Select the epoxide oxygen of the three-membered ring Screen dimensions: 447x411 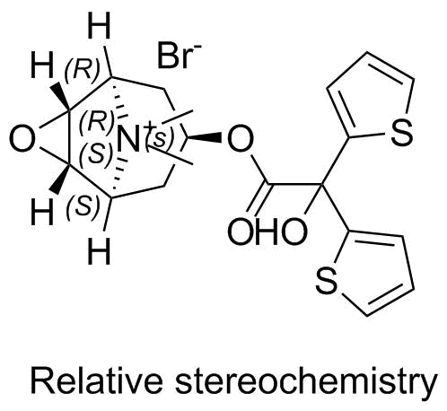click(x=22, y=139)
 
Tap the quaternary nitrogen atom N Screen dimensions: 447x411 click(x=128, y=139)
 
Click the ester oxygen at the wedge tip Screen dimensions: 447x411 click(x=241, y=139)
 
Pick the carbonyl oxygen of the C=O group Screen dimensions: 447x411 click(x=241, y=232)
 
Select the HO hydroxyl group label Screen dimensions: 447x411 click(x=280, y=232)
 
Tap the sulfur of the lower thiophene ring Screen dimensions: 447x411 click(x=326, y=281)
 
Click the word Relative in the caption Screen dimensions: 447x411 click(x=97, y=382)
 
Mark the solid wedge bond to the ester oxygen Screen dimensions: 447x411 click(x=205, y=138)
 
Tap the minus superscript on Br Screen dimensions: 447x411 click(x=197, y=47)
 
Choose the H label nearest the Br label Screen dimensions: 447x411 click(x=100, y=27)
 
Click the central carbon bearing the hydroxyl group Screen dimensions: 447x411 click(x=322, y=184)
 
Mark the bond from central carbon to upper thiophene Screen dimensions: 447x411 click(x=336, y=161)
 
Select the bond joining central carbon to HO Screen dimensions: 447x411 click(x=313, y=199)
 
